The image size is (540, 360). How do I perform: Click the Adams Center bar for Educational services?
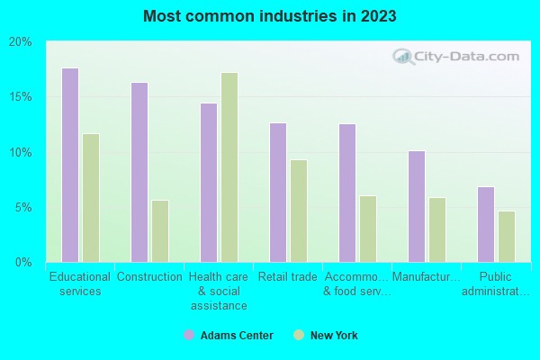point(70,165)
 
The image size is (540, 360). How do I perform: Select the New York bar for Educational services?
point(91,198)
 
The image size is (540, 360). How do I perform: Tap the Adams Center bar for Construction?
point(139,172)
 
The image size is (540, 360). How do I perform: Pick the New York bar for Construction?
point(160,231)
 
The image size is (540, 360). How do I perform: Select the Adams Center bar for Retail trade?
point(278,193)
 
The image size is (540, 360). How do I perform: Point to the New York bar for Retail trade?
point(299,211)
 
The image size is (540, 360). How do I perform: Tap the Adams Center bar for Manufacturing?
point(417,206)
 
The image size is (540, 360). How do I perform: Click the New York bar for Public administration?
point(507,237)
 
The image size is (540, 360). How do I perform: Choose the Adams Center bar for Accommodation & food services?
point(347,193)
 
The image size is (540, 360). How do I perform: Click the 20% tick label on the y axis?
point(21,42)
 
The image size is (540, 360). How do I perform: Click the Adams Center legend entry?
point(229,336)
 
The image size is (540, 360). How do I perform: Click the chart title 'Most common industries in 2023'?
point(270,16)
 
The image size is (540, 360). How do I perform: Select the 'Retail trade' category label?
point(288,277)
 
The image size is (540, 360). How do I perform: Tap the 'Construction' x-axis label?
point(149,277)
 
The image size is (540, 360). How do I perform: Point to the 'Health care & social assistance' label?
point(219,291)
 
